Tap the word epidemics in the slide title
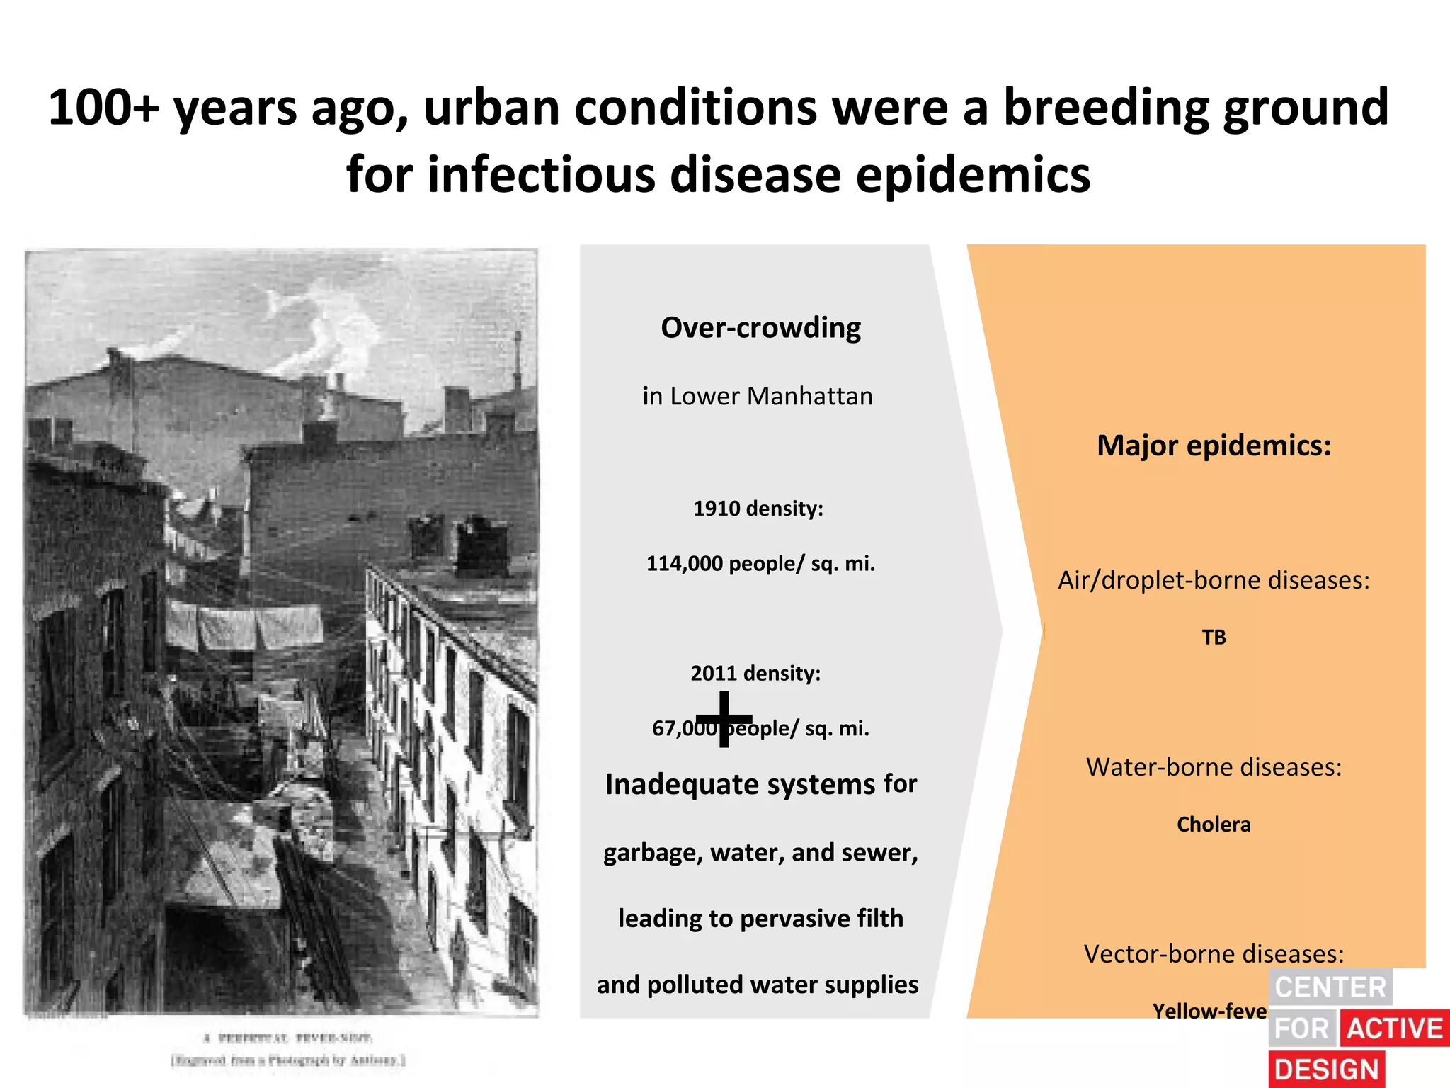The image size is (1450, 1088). pyautogui.click(x=973, y=175)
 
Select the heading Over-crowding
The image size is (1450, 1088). pyautogui.click(x=760, y=328)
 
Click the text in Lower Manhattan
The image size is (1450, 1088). pyautogui.click(x=757, y=396)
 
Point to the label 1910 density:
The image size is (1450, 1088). pyautogui.click(x=758, y=509)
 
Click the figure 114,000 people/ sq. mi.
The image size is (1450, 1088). pyautogui.click(x=760, y=564)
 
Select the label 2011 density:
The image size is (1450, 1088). pyautogui.click(x=755, y=673)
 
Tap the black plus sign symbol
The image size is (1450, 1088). pyautogui.click(x=724, y=719)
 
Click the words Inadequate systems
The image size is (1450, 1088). pyautogui.click(x=740, y=785)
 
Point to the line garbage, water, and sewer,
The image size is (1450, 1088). pyautogui.click(x=760, y=852)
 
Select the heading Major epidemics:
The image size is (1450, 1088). pyautogui.click(x=1214, y=446)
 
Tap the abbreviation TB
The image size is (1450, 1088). pyautogui.click(x=1214, y=637)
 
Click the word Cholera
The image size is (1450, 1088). pyautogui.click(x=1214, y=824)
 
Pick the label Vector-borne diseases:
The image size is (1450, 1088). pyautogui.click(x=1214, y=954)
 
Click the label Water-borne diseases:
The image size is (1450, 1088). pyautogui.click(x=1214, y=767)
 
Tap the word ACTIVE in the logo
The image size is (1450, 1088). pyautogui.click(x=1394, y=1028)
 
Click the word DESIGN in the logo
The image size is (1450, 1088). pyautogui.click(x=1327, y=1070)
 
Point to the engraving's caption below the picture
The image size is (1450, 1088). pyautogui.click(x=287, y=1049)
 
